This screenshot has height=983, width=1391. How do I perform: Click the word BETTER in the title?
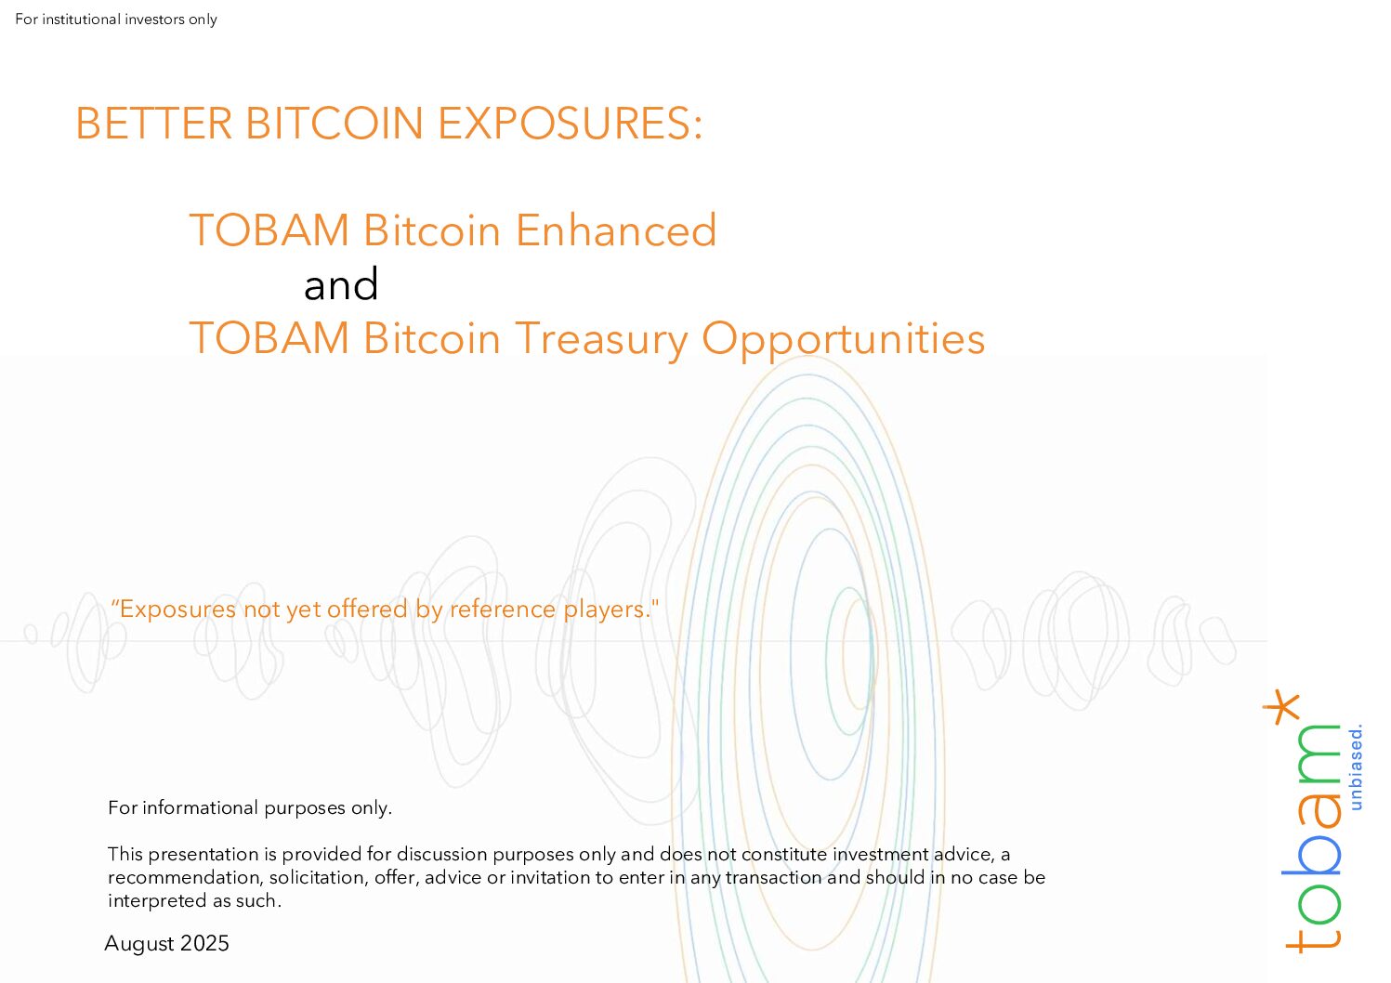(154, 123)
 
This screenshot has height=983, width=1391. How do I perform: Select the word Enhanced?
(616, 230)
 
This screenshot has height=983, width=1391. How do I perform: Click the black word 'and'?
(341, 284)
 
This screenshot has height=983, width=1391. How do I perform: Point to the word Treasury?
(601, 340)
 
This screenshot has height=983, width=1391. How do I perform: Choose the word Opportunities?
(844, 340)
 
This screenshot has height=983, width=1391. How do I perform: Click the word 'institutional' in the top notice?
(82, 20)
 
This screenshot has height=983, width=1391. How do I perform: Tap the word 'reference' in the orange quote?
(503, 609)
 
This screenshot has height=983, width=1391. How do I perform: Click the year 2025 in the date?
(205, 943)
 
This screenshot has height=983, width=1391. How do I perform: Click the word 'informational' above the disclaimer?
(200, 807)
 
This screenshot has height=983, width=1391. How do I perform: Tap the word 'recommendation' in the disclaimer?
(186, 877)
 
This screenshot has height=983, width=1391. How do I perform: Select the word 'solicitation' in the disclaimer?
(319, 877)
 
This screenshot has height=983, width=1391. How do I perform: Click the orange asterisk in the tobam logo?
(1281, 707)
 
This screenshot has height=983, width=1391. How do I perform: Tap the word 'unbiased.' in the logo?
(1357, 767)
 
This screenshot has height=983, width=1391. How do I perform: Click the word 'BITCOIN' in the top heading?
(335, 123)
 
